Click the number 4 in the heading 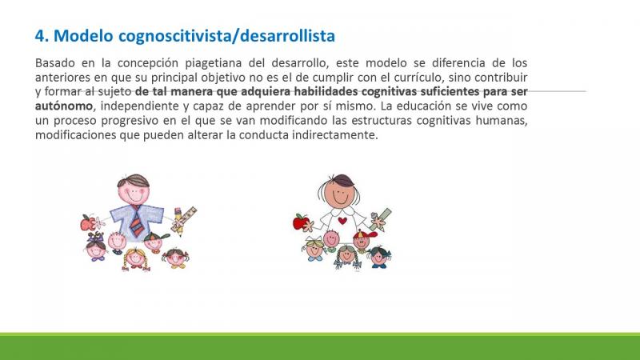(39, 36)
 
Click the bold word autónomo (64, 106)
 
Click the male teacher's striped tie (137, 222)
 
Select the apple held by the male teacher (87, 223)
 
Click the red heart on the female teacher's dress (343, 221)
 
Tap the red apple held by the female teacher (301, 222)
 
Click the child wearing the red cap (362, 239)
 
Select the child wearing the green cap (154, 242)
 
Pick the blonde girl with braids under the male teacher (135, 259)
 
